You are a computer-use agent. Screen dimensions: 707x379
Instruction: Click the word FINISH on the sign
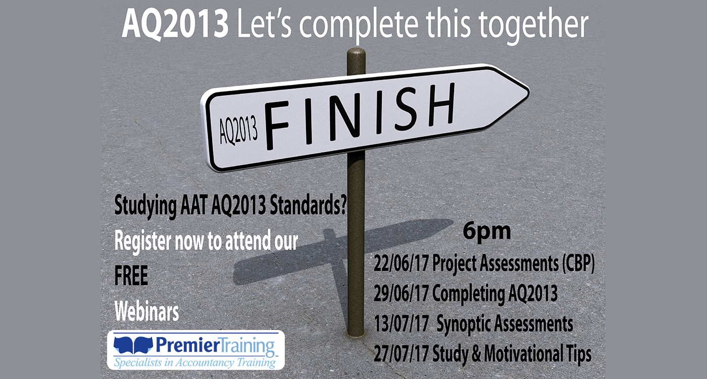click(x=360, y=116)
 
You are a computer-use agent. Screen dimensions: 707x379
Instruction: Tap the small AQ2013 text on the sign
click(x=238, y=130)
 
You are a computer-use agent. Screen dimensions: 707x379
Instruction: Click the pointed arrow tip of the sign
click(x=529, y=91)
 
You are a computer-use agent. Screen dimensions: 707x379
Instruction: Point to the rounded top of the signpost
click(x=356, y=52)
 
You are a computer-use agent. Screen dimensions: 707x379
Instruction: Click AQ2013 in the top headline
click(x=175, y=23)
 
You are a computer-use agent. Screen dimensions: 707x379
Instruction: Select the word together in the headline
click(x=533, y=25)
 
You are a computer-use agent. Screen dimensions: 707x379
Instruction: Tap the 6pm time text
click(x=487, y=232)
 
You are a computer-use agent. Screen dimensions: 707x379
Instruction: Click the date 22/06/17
click(x=401, y=263)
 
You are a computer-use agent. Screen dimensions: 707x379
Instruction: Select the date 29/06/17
click(x=401, y=293)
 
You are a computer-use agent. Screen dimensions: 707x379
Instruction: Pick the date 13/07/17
click(x=401, y=323)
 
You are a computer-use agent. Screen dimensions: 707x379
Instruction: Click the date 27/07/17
click(x=401, y=354)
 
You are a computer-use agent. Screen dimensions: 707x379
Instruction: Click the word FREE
click(x=131, y=276)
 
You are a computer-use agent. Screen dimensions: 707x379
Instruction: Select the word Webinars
click(x=146, y=311)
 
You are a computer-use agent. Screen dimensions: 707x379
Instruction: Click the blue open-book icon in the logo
click(x=133, y=345)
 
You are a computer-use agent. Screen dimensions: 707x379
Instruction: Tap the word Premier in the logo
click(x=187, y=345)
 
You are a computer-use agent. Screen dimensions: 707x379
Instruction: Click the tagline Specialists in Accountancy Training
click(x=195, y=362)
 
